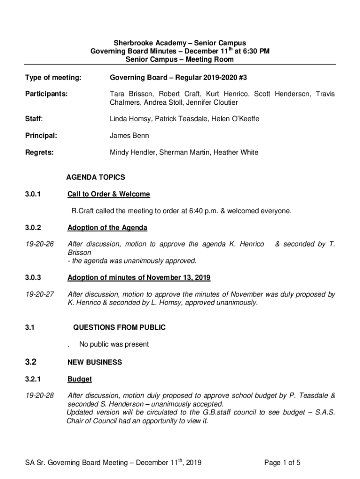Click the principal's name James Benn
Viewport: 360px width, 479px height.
[x=128, y=136]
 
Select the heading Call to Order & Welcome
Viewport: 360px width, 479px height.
[x=108, y=194]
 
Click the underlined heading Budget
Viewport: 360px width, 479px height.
[x=79, y=379]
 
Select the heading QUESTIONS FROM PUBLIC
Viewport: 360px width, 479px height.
[x=119, y=327]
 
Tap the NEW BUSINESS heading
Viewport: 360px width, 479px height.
[x=95, y=363]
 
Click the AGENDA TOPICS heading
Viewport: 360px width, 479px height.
[x=95, y=177]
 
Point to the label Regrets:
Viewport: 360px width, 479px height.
[x=39, y=152]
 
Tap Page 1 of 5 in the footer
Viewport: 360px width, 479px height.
[x=282, y=463]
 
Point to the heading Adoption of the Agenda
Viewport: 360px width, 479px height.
[x=108, y=228]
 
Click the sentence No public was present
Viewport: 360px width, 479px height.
[x=114, y=345]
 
